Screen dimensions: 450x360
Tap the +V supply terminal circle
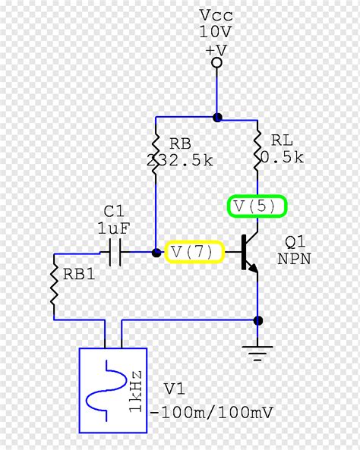point(216,62)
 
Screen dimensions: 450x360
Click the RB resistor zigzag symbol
point(156,150)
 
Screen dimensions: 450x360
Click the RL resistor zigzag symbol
point(257,149)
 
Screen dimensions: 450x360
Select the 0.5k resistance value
point(282,158)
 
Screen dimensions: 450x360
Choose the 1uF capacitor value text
point(115,228)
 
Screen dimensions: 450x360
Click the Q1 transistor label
point(295,242)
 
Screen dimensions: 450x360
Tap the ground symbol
point(258,350)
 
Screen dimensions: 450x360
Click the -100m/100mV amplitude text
point(213,413)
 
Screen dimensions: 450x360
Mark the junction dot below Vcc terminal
point(217,118)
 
